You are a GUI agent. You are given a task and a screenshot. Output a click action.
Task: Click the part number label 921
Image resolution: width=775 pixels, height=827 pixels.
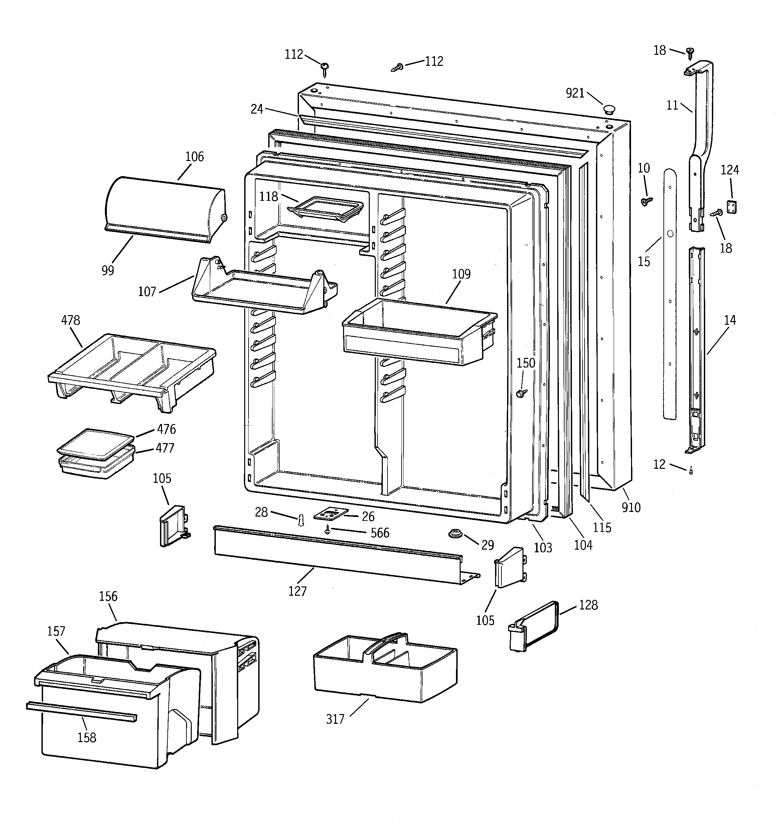(x=575, y=93)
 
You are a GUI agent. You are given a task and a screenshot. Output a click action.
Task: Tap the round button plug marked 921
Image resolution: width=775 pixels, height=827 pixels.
(x=609, y=110)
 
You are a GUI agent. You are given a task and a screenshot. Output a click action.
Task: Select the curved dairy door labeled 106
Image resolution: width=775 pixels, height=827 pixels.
(x=164, y=209)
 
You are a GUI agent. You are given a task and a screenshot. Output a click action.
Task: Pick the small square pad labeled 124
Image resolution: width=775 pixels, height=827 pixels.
(x=731, y=207)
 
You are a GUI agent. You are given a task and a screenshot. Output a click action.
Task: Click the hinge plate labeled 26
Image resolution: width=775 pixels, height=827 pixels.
(x=331, y=514)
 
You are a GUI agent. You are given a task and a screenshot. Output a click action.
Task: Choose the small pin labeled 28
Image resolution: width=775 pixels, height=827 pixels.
(x=302, y=520)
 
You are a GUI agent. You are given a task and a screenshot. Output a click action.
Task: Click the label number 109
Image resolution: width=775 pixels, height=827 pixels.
(x=461, y=274)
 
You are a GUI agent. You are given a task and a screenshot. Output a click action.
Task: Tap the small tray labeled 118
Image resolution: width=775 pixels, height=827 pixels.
(x=324, y=209)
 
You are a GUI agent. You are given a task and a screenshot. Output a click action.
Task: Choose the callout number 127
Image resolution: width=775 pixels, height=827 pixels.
(x=297, y=591)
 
